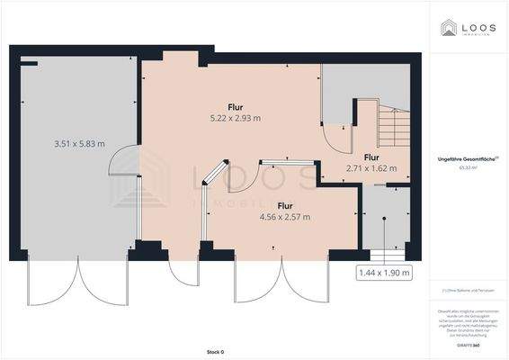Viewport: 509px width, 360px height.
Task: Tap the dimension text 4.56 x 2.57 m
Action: [284, 217]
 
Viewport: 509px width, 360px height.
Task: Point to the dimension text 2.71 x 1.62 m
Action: [371, 167]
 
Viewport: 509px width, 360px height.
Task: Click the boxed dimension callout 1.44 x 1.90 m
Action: [384, 272]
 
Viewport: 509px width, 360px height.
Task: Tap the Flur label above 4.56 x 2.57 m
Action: [285, 205]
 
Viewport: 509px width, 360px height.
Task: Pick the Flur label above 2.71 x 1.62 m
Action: [371, 157]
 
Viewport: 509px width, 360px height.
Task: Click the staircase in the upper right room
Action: [392, 126]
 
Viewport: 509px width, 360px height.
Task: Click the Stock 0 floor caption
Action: [214, 351]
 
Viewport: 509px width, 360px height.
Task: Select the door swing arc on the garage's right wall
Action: [122, 162]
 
